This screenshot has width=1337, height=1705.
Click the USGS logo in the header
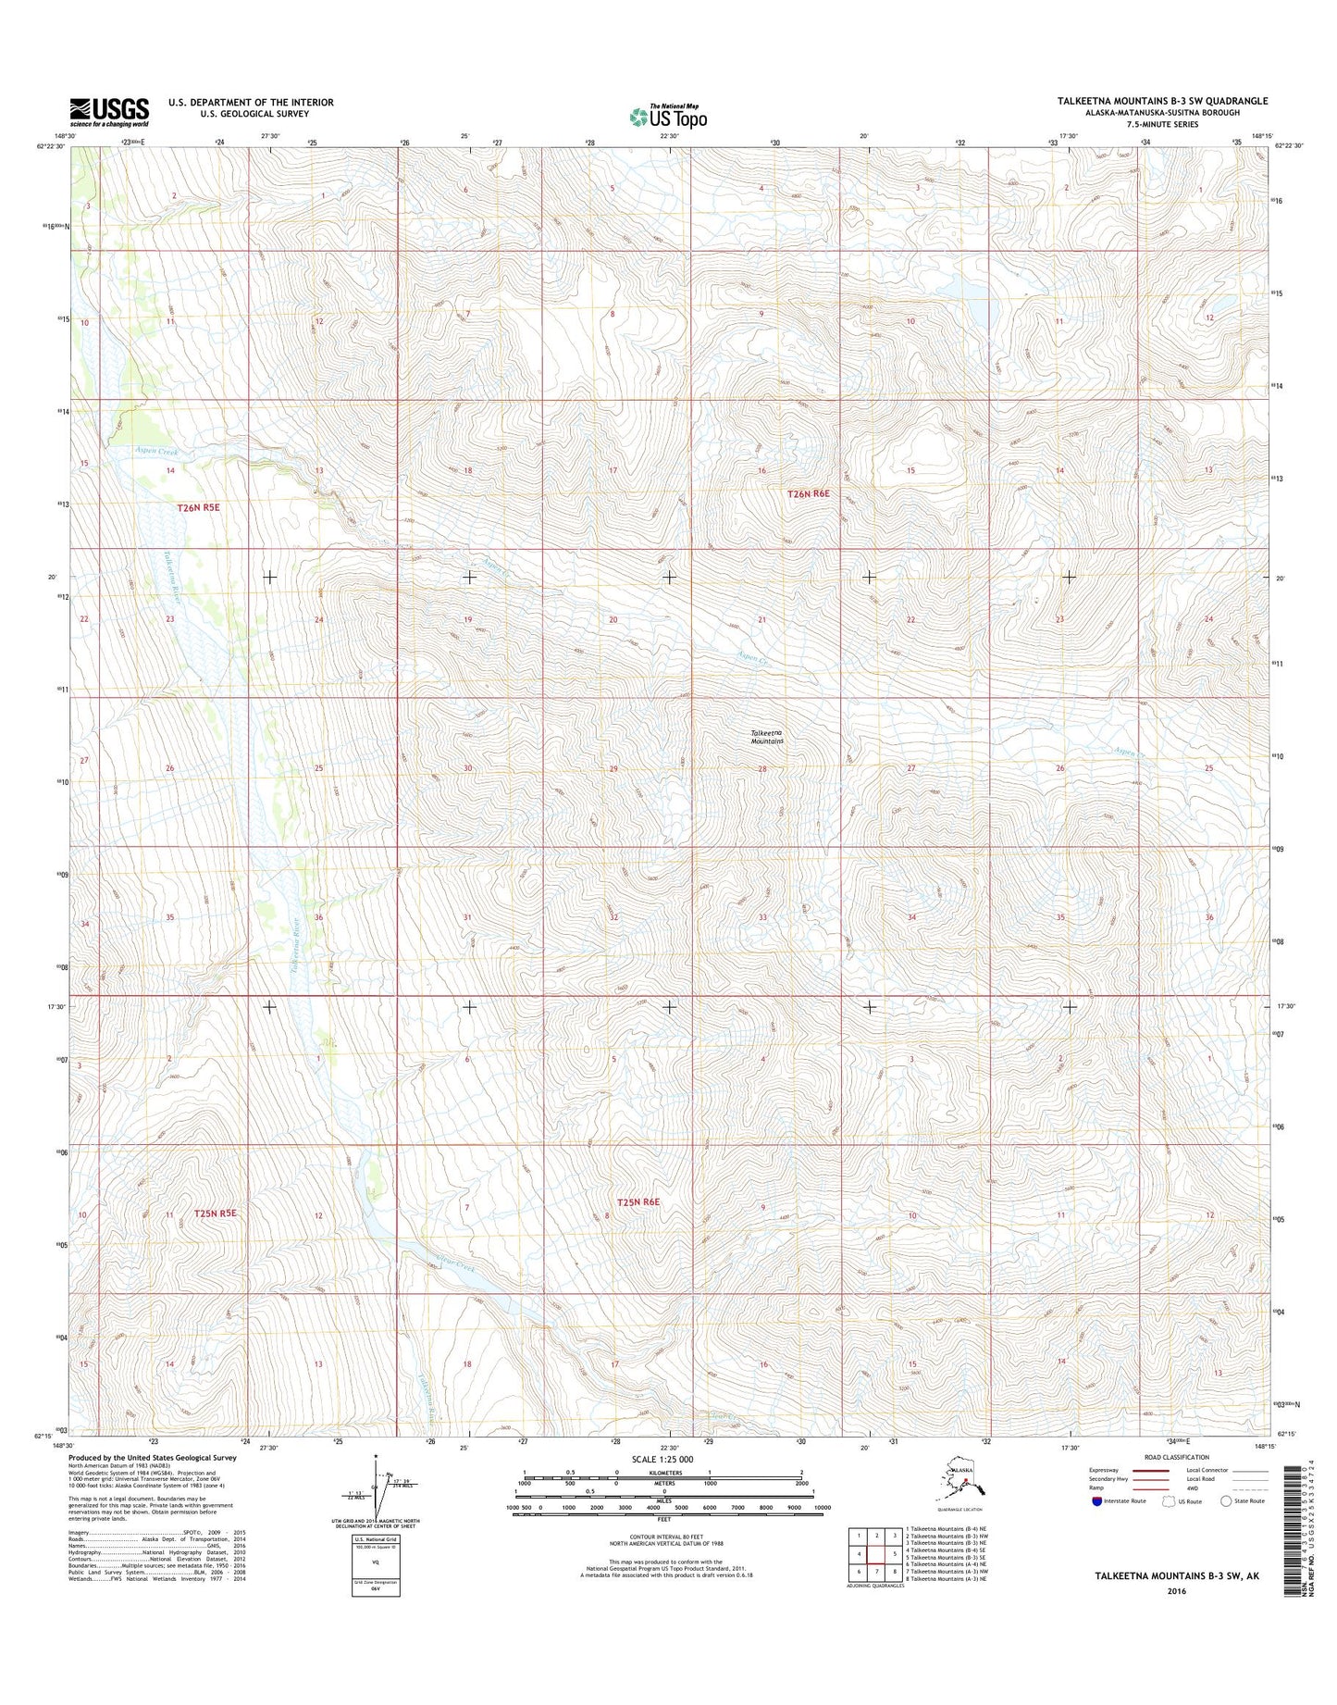109,112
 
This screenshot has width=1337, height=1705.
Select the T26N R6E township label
809,494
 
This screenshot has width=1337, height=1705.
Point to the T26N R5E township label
199,508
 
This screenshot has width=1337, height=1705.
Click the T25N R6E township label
638,1201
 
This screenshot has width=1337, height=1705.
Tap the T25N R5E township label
216,1213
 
